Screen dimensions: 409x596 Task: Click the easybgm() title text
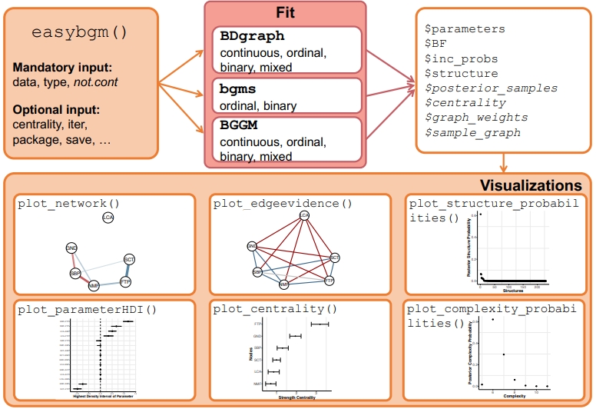80,34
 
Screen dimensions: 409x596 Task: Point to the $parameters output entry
465,28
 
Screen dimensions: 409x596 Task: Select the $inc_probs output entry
461,58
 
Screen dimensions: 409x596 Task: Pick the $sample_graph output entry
472,132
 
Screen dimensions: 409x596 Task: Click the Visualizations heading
531,185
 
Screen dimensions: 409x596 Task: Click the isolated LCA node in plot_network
108,218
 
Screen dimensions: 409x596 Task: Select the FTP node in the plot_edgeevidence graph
329,281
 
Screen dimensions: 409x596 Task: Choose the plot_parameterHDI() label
86,310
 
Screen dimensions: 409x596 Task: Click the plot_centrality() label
276,310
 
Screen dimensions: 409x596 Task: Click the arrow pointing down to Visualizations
503,164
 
